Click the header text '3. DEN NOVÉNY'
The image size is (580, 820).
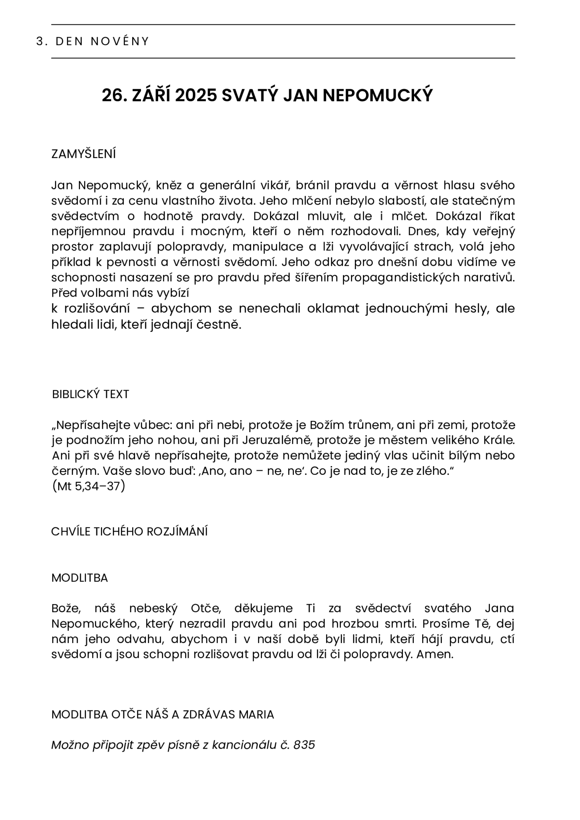tap(93, 41)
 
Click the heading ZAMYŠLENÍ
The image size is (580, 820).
tap(83, 154)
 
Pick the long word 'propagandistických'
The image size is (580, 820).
tap(401, 277)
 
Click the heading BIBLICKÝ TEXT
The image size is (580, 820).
tap(91, 394)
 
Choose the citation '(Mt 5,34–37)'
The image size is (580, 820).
tap(89, 486)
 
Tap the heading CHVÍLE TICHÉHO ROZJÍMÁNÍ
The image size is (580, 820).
tap(129, 532)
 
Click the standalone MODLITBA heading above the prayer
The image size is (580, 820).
tap(79, 578)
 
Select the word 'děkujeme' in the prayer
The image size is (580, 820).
tap(264, 609)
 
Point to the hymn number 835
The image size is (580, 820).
tap(304, 745)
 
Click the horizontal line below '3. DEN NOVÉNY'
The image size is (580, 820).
tap(283, 58)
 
